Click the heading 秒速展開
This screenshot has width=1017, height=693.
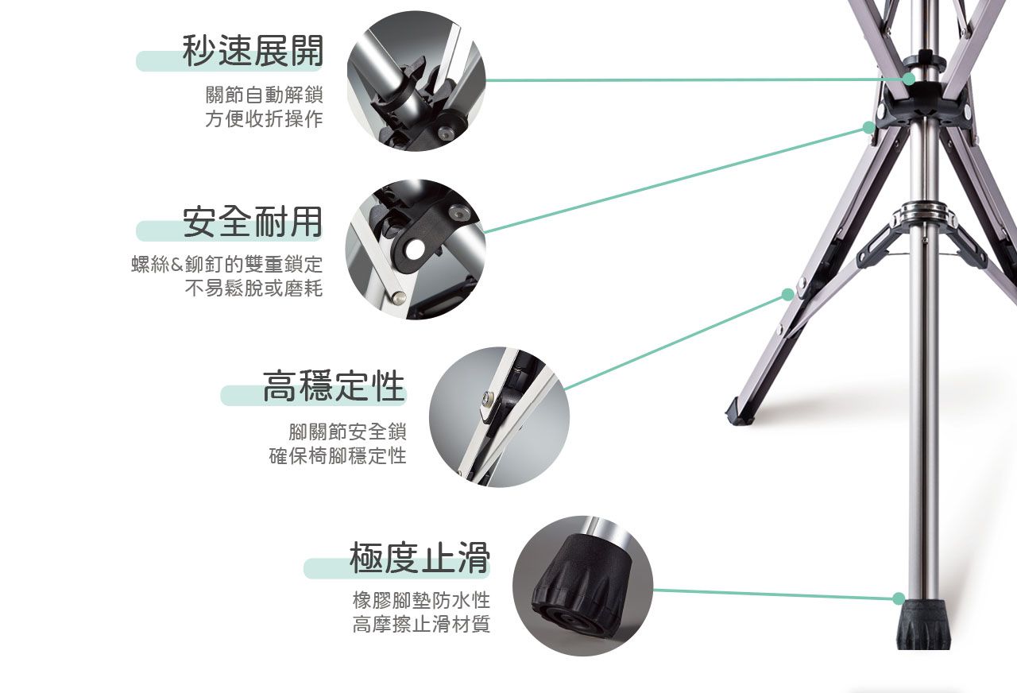[253, 50]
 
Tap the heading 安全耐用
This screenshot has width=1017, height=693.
[253, 222]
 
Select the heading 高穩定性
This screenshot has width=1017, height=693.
[334, 385]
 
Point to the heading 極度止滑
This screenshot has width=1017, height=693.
[420, 557]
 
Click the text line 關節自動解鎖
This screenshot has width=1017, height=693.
[265, 95]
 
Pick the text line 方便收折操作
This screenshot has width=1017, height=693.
[265, 118]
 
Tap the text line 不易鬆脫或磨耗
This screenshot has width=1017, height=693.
[253, 288]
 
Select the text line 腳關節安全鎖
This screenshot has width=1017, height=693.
[347, 432]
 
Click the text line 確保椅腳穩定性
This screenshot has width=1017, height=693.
[338, 455]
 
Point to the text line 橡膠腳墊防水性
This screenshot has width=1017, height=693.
[421, 600]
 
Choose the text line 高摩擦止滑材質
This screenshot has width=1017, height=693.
[421, 624]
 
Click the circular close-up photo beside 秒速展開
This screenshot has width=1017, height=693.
[416, 81]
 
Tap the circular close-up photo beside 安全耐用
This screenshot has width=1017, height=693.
[416, 250]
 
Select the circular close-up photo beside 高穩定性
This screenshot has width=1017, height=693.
[499, 417]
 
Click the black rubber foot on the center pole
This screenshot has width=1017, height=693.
[924, 625]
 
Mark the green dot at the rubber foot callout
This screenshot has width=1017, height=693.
[899, 598]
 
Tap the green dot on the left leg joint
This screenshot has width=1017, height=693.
[788, 295]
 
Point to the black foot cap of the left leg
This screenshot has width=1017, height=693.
[738, 412]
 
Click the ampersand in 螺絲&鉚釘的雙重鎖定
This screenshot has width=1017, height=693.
[176, 265]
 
